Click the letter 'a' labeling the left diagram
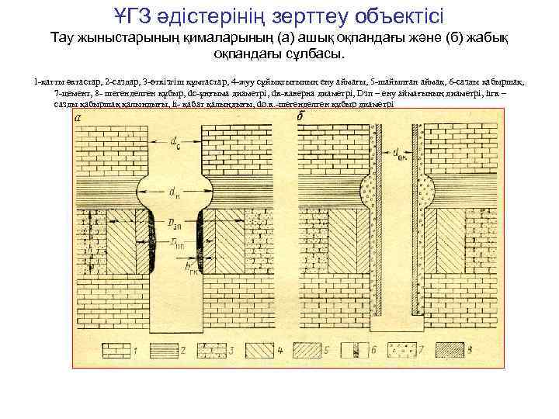78,118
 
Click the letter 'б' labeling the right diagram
301,118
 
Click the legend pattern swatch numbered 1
113,350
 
